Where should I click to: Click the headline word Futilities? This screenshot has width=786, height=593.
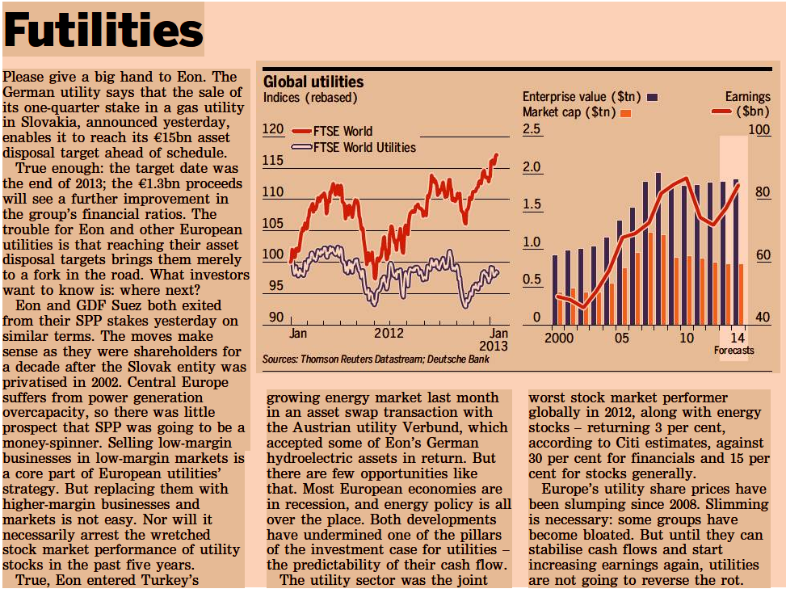[103, 30]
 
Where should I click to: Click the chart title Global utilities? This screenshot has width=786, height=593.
[313, 82]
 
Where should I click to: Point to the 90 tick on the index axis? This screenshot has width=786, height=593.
[276, 318]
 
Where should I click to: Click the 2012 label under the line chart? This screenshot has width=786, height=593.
[389, 333]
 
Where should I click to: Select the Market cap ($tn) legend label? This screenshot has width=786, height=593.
[569, 111]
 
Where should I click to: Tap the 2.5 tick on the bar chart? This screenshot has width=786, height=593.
[532, 129]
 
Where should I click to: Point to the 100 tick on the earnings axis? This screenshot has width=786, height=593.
[762, 129]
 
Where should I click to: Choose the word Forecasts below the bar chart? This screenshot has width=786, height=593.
[733, 350]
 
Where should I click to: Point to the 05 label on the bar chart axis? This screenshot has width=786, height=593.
[621, 338]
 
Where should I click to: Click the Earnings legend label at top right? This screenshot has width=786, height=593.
[747, 97]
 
